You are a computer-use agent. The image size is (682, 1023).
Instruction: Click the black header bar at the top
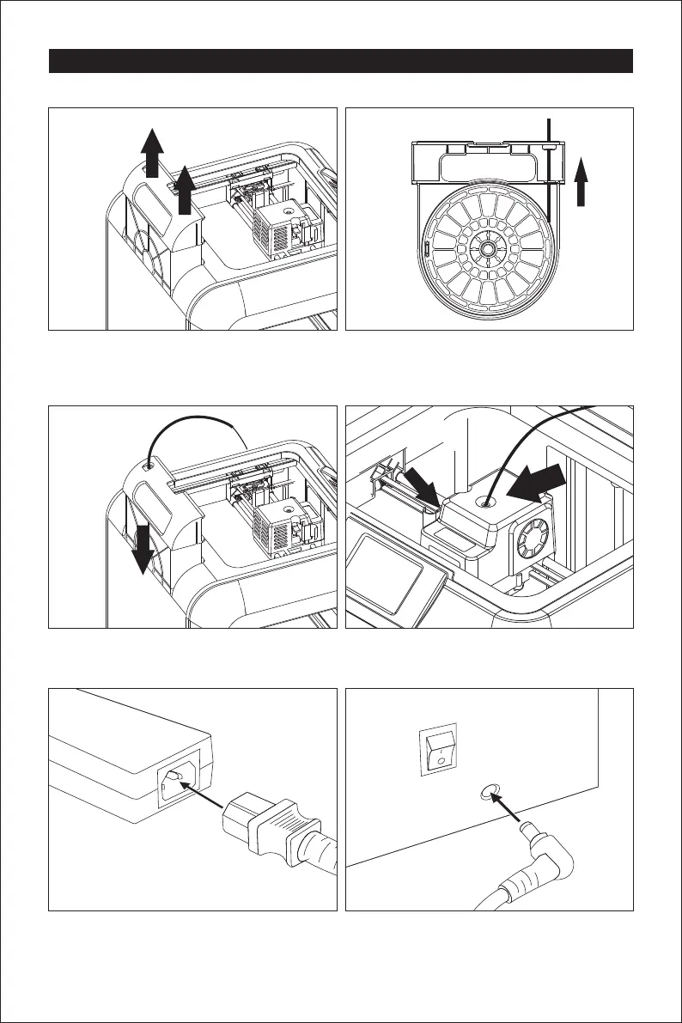(341, 61)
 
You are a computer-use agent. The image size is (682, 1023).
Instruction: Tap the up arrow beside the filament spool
(582, 181)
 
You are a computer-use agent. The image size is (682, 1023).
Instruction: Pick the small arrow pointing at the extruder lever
(423, 490)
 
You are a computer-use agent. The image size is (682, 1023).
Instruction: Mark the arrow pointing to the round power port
(515, 812)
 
